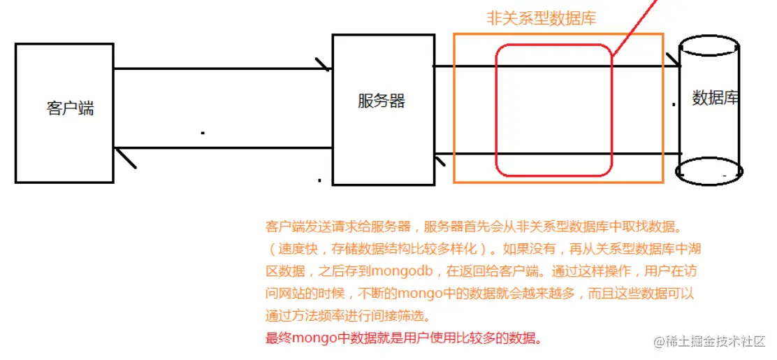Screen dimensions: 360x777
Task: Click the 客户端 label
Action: point(70,108)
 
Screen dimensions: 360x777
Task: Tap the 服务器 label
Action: point(381,101)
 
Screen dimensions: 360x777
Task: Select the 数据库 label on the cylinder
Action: point(715,98)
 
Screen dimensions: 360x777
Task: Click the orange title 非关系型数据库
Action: point(541,19)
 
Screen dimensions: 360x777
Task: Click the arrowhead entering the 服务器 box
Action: point(324,65)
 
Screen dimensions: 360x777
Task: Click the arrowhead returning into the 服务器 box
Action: point(440,161)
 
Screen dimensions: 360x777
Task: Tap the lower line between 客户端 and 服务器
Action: point(224,148)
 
